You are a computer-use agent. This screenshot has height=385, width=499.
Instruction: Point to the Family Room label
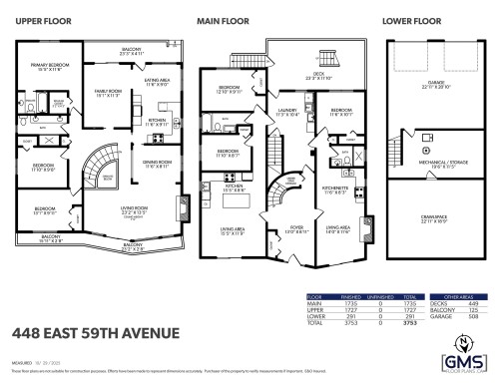(x=108, y=93)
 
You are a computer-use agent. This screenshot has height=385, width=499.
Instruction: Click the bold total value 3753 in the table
(x=408, y=324)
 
